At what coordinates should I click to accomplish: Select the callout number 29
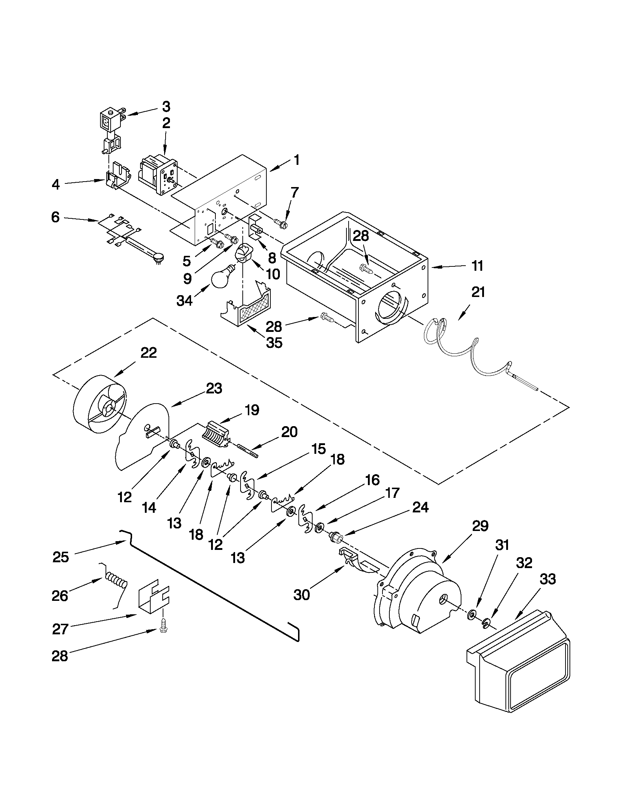coord(480,526)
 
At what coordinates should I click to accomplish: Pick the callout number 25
coord(60,557)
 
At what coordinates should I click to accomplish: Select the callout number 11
coord(477,266)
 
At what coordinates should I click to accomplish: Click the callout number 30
coord(302,595)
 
